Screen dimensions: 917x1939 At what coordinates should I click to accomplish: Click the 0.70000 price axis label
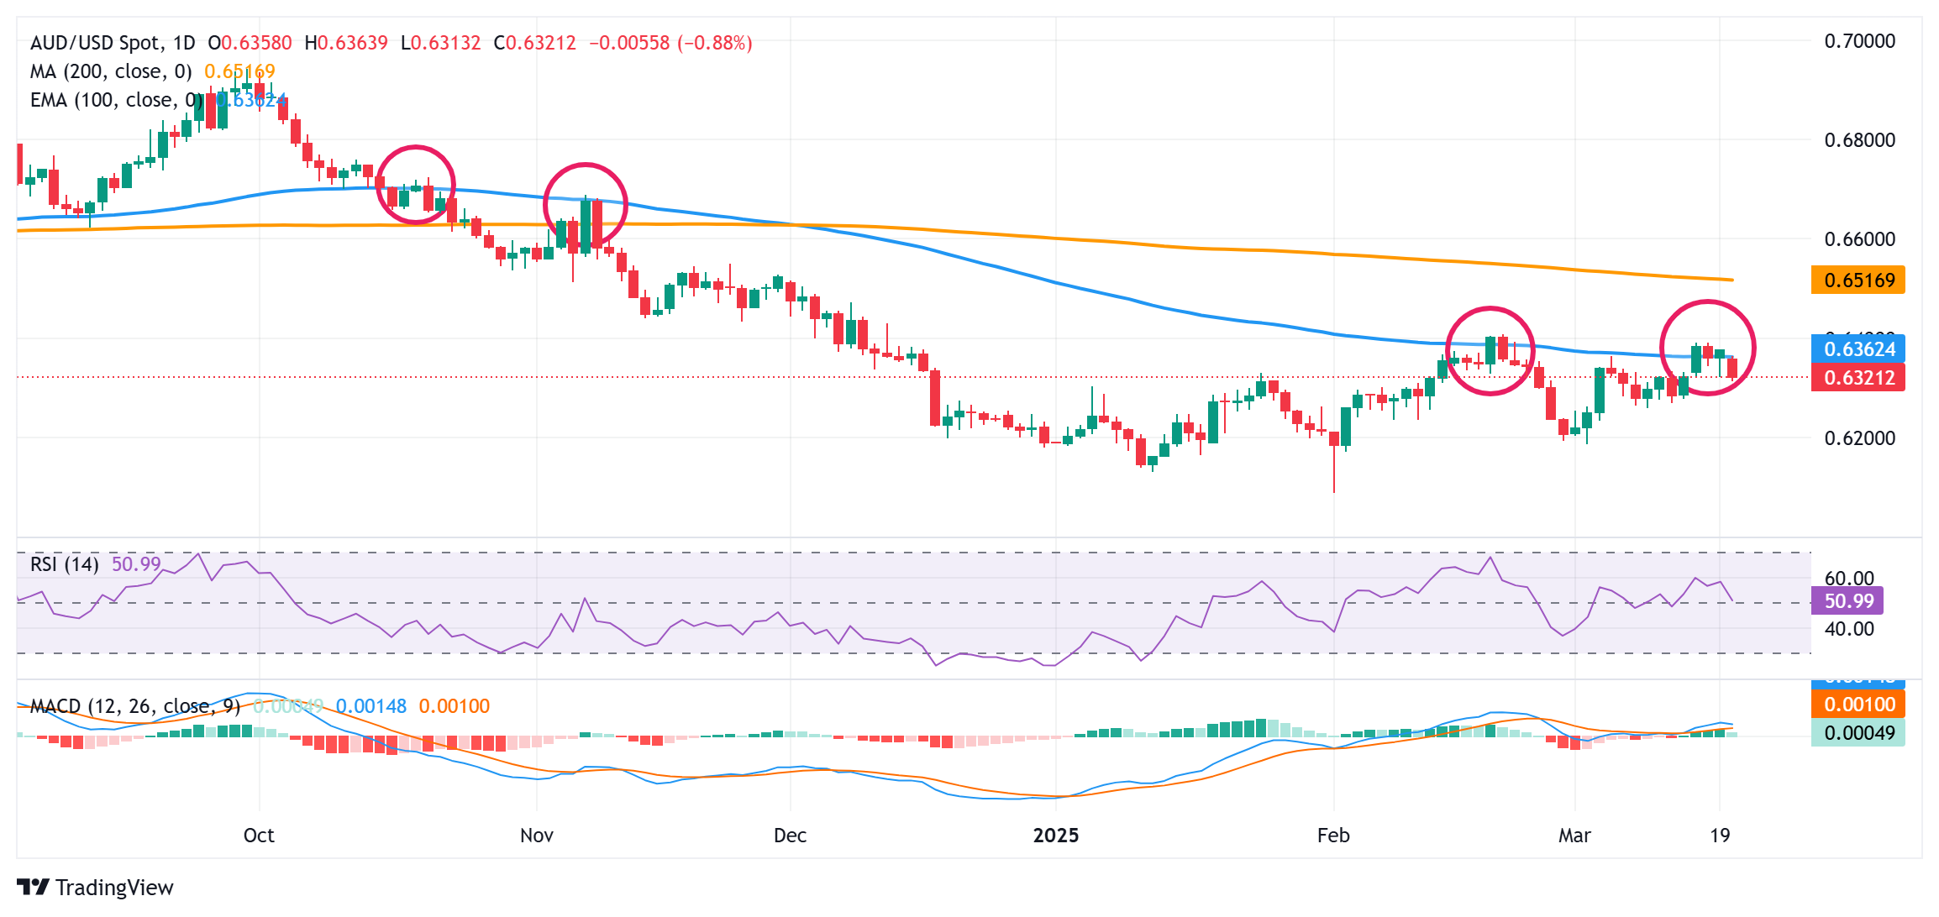pos(1859,41)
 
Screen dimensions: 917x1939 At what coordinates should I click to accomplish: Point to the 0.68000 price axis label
pos(1859,140)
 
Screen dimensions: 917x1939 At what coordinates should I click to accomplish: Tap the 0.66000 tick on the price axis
pos(1859,239)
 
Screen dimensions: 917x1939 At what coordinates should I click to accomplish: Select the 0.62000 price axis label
pos(1859,438)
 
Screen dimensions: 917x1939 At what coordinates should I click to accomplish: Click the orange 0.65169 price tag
pos(1858,280)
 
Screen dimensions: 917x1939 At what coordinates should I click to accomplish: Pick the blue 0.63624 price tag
pos(1858,349)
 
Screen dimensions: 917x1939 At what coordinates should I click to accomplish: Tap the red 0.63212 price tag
pos(1858,378)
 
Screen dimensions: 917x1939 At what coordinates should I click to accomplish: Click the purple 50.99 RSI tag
pos(1848,601)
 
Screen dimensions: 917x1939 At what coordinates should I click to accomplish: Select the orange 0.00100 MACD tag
pos(1858,705)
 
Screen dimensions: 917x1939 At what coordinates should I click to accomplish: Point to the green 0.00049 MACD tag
pos(1858,733)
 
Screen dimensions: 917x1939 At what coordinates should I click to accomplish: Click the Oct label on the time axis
pos(259,836)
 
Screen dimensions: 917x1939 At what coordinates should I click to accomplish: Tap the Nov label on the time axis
pos(537,836)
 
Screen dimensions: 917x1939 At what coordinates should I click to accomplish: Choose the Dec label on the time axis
pos(790,836)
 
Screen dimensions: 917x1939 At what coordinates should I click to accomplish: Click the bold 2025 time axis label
pos(1056,836)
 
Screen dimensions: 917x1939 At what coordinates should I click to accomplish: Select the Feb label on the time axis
pos(1333,836)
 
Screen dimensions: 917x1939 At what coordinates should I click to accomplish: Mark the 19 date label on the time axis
pos(1720,836)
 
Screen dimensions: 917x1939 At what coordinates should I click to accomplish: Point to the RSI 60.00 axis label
pos(1848,579)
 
